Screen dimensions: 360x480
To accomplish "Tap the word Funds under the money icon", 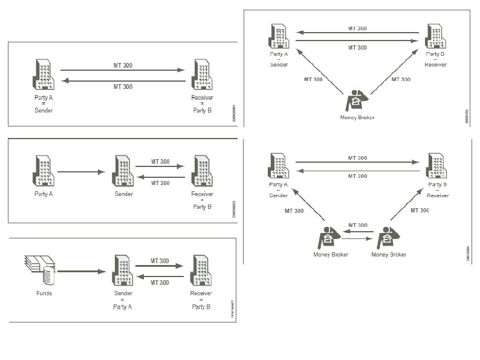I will tap(44, 293).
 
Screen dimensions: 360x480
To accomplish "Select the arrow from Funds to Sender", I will tap(81, 272).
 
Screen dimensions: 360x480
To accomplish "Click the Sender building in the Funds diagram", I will tap(123, 270).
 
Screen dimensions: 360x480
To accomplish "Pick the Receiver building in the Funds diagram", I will tap(201, 270).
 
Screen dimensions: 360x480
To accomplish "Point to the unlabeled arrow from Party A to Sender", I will tap(81, 172).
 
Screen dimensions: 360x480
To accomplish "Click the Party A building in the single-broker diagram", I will tap(279, 36).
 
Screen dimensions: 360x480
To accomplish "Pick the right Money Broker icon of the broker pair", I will tap(387, 238).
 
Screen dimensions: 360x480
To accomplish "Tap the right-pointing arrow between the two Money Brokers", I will tap(358, 240).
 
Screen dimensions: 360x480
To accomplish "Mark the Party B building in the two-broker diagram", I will tap(436, 166).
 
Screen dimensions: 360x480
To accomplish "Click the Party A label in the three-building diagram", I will tap(44, 194).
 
